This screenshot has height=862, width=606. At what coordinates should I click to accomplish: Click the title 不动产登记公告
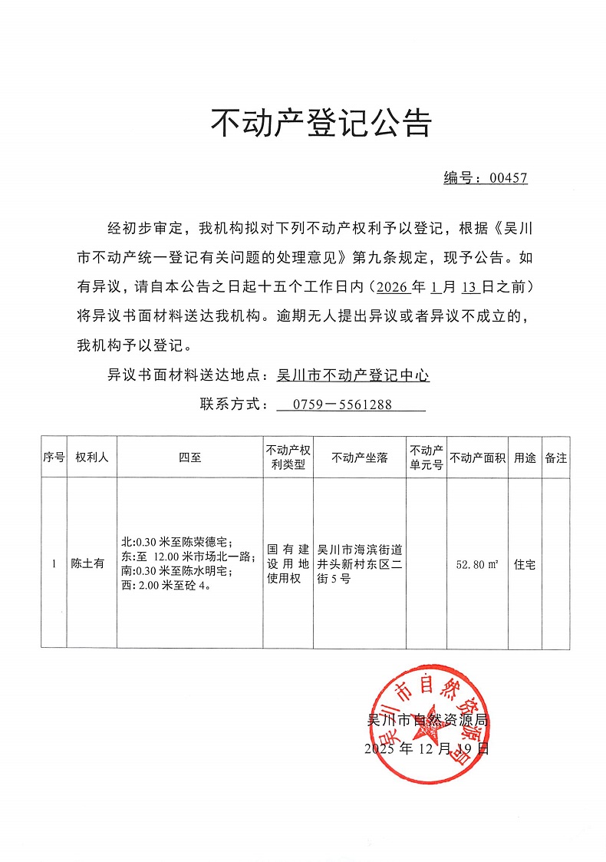[x=321, y=123]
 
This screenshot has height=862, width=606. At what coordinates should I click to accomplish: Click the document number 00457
[x=508, y=178]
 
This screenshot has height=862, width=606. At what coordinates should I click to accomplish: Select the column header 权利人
[x=91, y=457]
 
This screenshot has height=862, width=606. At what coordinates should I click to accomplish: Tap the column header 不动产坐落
[x=359, y=457]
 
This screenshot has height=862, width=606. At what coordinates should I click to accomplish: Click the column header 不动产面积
[x=477, y=457]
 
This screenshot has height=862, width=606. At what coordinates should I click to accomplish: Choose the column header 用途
[x=525, y=457]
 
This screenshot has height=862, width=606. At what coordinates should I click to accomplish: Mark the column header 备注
[x=555, y=457]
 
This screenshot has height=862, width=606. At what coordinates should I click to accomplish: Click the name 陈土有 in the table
[x=87, y=563]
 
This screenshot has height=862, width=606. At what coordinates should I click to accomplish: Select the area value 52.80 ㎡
[x=477, y=564]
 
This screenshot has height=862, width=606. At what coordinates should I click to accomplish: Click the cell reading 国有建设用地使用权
[x=287, y=564]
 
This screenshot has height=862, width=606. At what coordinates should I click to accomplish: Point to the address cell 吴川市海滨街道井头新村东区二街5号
[x=359, y=564]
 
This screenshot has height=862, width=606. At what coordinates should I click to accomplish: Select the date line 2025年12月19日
[x=427, y=748]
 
